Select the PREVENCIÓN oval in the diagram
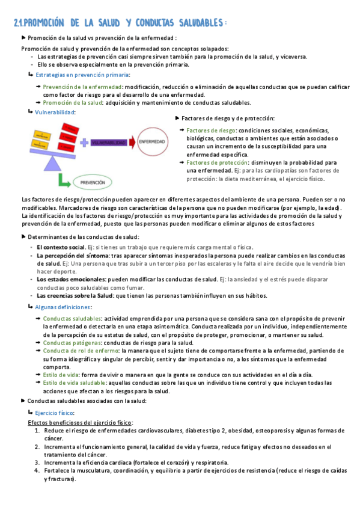(93, 181)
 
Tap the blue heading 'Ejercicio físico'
(55, 414)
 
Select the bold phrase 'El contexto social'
(61, 247)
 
